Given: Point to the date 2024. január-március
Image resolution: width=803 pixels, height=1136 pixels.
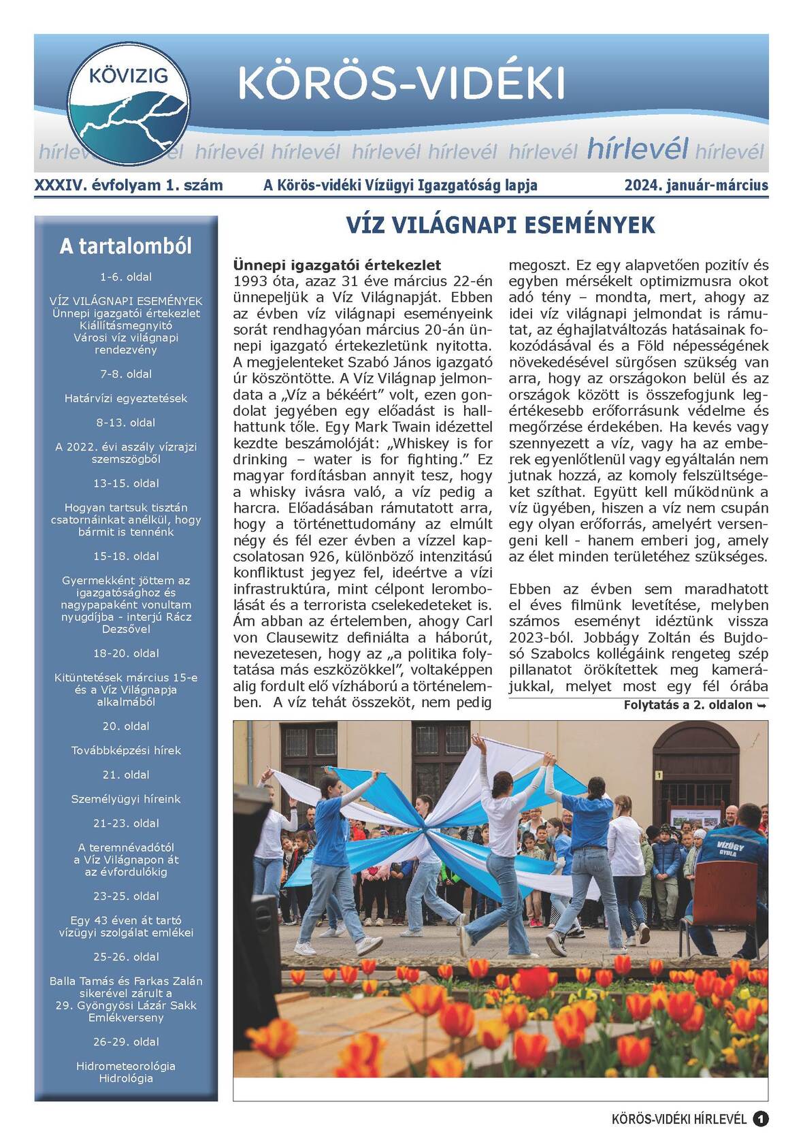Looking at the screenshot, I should point(696,185).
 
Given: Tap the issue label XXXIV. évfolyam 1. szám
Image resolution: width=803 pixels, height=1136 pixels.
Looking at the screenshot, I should point(129,185).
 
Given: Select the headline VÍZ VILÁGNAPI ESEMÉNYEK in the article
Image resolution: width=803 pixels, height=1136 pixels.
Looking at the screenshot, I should point(500,225).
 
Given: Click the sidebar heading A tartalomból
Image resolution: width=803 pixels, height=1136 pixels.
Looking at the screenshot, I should point(126,246).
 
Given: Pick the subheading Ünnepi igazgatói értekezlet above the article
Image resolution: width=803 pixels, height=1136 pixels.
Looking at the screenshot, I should point(337,265).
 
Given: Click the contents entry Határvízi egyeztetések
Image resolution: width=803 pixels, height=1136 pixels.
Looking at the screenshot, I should point(126,398).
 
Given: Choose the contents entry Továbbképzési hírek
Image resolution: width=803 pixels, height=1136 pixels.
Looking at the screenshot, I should point(126,750).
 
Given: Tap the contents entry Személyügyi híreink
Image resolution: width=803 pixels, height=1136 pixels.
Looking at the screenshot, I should point(126,798).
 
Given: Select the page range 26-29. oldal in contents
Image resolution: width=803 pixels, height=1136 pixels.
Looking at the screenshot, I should point(126,1041).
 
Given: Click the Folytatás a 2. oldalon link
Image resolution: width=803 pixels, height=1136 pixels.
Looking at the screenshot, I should point(695,705).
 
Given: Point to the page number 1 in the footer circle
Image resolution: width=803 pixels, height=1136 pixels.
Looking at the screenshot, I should point(761,1119).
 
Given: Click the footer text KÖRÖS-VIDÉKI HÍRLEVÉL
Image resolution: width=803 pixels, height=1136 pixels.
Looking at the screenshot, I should point(679,1119).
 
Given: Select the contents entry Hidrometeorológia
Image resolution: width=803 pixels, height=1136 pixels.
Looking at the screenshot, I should point(126,1066).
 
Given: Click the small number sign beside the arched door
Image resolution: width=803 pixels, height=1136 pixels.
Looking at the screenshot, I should point(659,775).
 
